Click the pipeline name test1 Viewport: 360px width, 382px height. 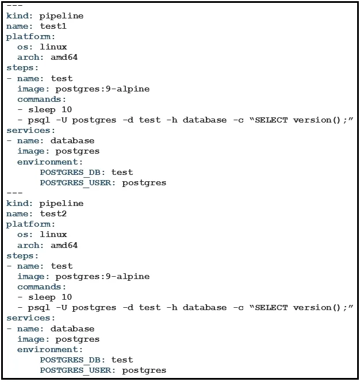point(53,26)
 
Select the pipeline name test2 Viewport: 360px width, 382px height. point(53,213)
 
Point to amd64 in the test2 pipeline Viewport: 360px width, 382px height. point(64,245)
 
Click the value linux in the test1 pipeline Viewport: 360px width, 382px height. point(53,47)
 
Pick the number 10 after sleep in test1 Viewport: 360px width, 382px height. point(67,110)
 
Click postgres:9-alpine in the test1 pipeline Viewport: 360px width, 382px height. point(102,89)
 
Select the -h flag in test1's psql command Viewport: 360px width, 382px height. point(172,120)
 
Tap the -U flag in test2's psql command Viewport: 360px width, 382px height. point(62,308)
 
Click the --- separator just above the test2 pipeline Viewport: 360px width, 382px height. point(14,193)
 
